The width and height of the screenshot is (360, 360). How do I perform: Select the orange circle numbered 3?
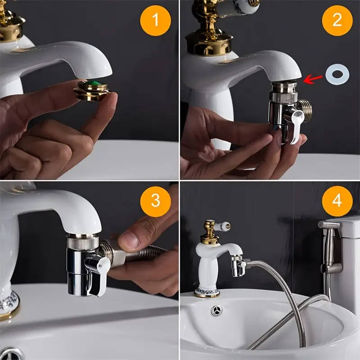[x=155, y=200]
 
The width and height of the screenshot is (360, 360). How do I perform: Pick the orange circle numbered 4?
[x=337, y=200]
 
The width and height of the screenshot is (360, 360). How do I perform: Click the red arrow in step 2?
[x=314, y=78]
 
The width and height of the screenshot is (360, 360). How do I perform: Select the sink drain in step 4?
[x=217, y=310]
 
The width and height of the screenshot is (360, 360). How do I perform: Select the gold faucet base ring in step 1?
[x=11, y=31]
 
